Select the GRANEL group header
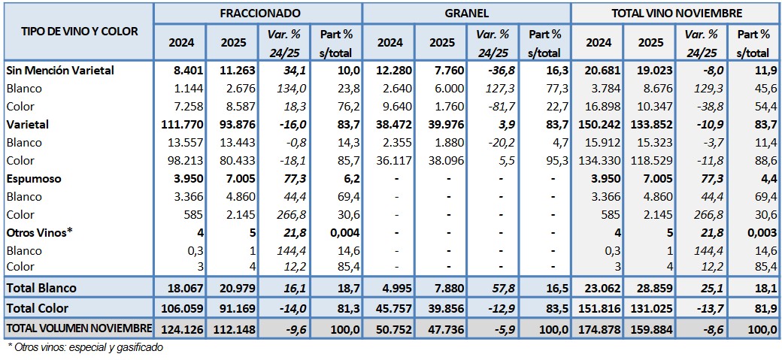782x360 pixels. coord(467,13)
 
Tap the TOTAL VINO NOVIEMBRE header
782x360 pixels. coord(677,13)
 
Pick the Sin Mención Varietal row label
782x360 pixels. coord(60,70)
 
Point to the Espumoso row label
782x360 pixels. coord(35,179)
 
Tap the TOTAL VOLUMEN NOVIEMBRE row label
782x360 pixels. coord(79,328)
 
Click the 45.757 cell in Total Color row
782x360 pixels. coord(390,308)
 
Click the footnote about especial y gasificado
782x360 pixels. coord(85,347)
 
